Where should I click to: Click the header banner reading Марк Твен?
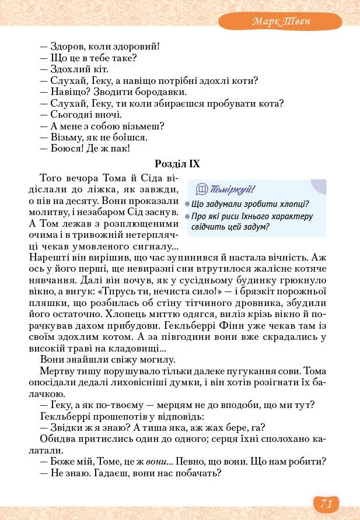281,22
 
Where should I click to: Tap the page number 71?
326,503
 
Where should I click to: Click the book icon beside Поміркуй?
201,189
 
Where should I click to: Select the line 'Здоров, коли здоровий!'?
99,47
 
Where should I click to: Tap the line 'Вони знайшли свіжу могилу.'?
108,360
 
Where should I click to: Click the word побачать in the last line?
198,473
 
